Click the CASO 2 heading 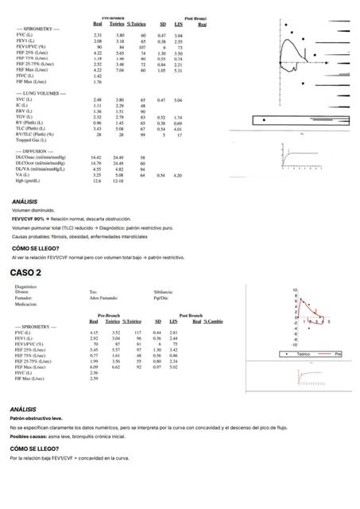(26, 273)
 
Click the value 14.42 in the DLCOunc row (96, 157)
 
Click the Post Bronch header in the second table (191, 316)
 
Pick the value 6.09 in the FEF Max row (95, 367)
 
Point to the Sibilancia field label (165, 292)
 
